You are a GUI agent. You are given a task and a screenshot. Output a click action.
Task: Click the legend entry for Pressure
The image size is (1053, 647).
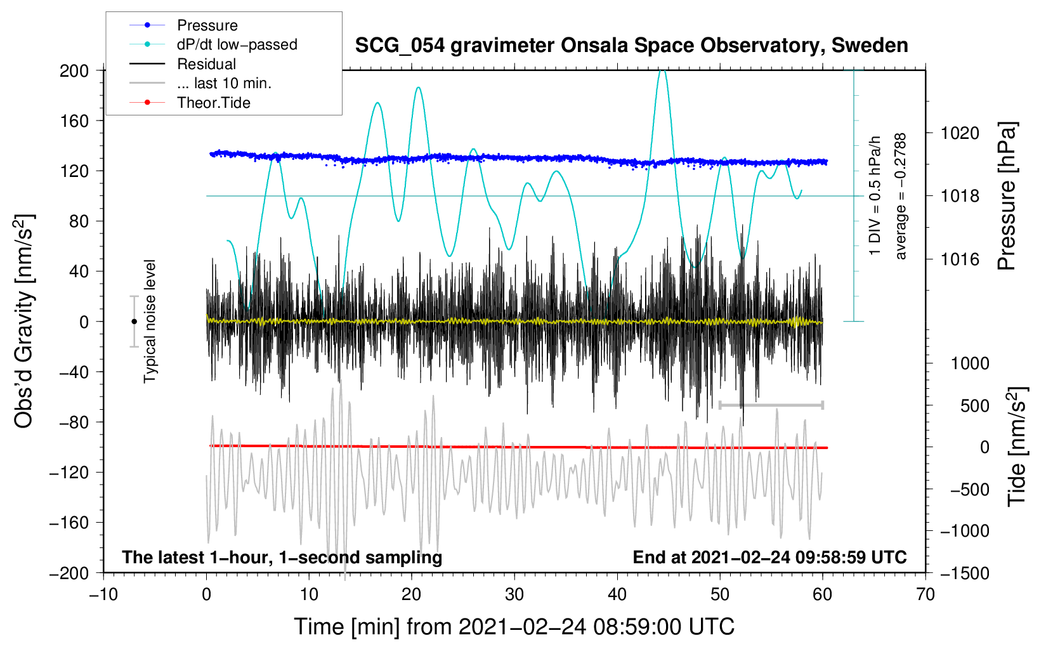207,25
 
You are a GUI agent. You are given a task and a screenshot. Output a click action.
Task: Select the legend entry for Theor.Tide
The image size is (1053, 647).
213,103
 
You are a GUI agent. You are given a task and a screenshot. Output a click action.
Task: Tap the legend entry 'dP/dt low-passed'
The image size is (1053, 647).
237,44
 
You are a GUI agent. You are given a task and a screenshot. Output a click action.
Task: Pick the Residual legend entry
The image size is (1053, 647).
206,64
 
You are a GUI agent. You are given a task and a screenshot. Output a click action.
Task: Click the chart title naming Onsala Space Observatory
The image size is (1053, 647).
631,46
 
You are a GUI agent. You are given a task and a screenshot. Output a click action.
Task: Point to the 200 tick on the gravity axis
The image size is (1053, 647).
74,70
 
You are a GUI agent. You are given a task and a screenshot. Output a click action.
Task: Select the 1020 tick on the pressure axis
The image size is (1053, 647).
960,133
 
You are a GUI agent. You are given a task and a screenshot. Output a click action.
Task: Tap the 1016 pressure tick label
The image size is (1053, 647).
960,259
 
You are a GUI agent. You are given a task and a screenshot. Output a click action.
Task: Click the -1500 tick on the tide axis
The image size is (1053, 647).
964,573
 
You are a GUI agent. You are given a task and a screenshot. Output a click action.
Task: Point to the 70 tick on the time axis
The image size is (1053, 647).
925,594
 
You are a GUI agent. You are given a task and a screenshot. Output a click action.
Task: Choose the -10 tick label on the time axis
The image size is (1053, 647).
103,594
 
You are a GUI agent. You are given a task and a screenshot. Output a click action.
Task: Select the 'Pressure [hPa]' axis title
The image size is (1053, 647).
1007,196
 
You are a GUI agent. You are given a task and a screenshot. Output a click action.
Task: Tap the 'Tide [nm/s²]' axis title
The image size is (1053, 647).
1017,447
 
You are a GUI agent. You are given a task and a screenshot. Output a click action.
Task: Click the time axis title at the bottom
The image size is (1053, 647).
514,627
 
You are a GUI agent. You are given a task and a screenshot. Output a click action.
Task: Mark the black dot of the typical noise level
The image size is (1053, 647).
134,322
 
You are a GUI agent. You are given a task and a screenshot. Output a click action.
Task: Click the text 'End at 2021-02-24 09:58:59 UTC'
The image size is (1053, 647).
769,557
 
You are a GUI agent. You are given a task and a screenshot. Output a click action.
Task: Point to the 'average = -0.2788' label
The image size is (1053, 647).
901,196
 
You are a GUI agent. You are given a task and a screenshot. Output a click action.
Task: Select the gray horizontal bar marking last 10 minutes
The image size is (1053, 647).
771,405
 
